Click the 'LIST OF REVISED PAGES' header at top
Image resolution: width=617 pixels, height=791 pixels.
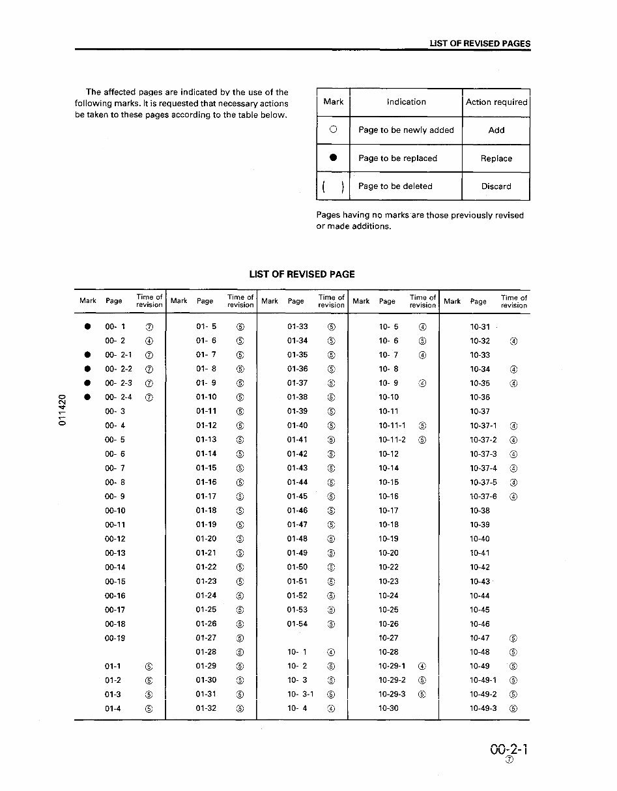[480, 44]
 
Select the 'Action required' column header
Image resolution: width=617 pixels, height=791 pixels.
[496, 102]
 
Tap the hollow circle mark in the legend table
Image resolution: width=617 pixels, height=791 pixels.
[333, 130]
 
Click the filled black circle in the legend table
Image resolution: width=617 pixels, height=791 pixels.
[333, 158]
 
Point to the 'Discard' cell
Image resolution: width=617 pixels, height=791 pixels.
[496, 186]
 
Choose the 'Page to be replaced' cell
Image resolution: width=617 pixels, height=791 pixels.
[397, 158]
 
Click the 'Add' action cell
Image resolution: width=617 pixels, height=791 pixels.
[496, 130]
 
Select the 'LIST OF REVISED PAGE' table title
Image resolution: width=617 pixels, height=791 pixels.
[302, 274]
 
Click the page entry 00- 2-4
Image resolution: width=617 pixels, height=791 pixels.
[118, 397]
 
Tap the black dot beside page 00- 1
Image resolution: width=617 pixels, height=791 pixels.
[87, 326]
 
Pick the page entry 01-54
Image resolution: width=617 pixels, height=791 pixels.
[297, 624]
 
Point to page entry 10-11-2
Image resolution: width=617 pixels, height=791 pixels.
[392, 440]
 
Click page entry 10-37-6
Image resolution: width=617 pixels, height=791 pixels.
[483, 496]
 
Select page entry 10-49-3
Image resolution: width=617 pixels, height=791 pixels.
[483, 709]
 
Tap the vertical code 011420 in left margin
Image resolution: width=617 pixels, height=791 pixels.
[63, 410]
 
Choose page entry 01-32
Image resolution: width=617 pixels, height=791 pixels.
[207, 709]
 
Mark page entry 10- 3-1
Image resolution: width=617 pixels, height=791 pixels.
[300, 695]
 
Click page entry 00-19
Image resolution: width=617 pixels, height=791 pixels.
[115, 639]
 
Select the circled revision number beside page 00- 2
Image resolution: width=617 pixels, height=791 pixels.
[149, 341]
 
